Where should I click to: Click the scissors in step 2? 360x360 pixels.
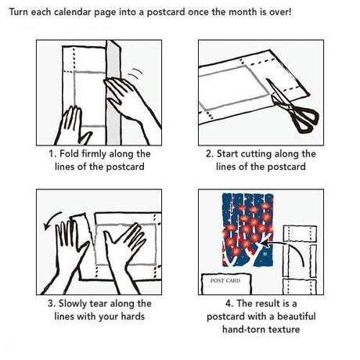click(x=292, y=107)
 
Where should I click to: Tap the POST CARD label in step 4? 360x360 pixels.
click(x=225, y=281)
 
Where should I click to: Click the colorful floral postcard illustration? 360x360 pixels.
click(x=247, y=230)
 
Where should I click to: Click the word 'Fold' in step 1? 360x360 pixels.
click(x=69, y=153)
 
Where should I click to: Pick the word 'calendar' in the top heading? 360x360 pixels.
click(x=74, y=12)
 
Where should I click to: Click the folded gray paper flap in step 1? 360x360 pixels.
click(x=113, y=92)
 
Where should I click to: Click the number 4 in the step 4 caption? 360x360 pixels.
click(x=228, y=304)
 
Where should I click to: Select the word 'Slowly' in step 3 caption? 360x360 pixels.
click(x=73, y=304)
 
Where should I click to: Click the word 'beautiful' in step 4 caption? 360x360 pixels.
click(x=297, y=316)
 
